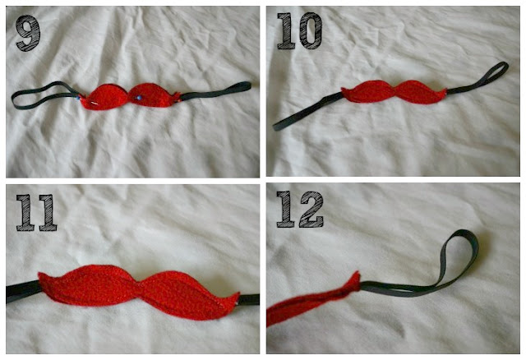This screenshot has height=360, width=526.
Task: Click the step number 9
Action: point(28,33)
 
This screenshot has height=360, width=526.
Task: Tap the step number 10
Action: point(299,31)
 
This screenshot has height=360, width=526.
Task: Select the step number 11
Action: point(36,212)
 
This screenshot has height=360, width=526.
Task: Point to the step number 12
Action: point(300,210)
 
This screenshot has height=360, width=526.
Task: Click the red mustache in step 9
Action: point(129,96)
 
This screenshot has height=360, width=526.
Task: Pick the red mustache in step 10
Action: point(394,91)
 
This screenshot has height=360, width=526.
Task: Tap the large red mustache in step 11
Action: point(139,291)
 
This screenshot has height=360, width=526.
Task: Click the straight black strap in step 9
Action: point(215,91)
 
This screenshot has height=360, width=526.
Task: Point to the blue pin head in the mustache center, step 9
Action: point(138,98)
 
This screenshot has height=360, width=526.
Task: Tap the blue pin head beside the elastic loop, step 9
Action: point(79,98)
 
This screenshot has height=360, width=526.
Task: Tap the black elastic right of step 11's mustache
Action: point(248,300)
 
